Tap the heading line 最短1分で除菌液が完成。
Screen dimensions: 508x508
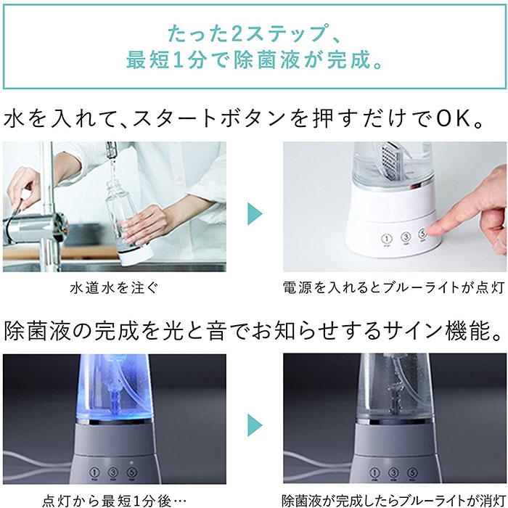[x=253, y=60]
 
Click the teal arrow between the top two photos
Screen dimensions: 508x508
[x=254, y=213]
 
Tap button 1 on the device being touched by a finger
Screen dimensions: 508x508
[x=387, y=238]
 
